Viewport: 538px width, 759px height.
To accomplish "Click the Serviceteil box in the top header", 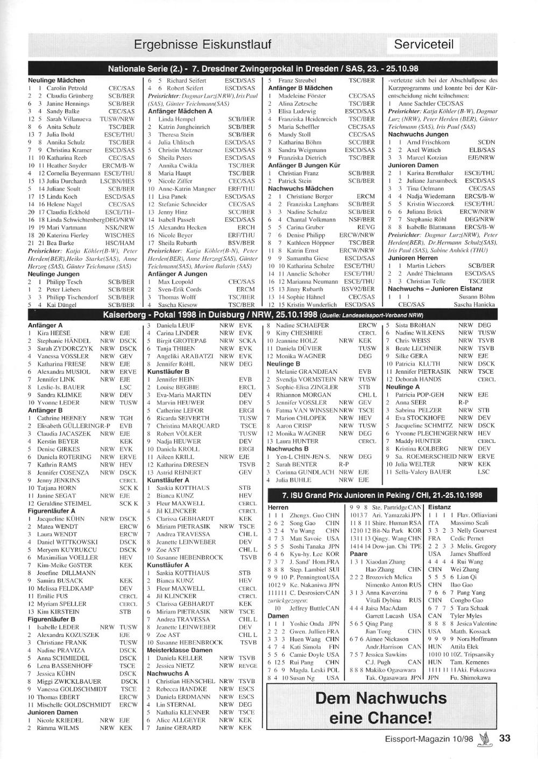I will [x=423, y=44].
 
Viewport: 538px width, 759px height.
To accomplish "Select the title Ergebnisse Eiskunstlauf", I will [x=202, y=44].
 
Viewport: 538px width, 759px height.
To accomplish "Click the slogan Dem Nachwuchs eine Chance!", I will [x=381, y=708].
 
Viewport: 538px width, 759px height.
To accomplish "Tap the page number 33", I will [x=504, y=738].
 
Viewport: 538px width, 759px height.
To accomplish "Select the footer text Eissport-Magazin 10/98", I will [x=429, y=739].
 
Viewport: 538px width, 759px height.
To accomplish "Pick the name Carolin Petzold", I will [x=67, y=88].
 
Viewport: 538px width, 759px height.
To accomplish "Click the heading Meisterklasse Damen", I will [x=180, y=650].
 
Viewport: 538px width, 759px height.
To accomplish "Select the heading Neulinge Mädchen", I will [x=56, y=80].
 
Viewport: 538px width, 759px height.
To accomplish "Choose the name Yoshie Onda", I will [x=307, y=624].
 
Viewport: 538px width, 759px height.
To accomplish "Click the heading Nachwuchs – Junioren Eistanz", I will [x=434, y=289].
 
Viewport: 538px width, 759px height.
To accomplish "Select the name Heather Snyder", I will [x=67, y=166].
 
